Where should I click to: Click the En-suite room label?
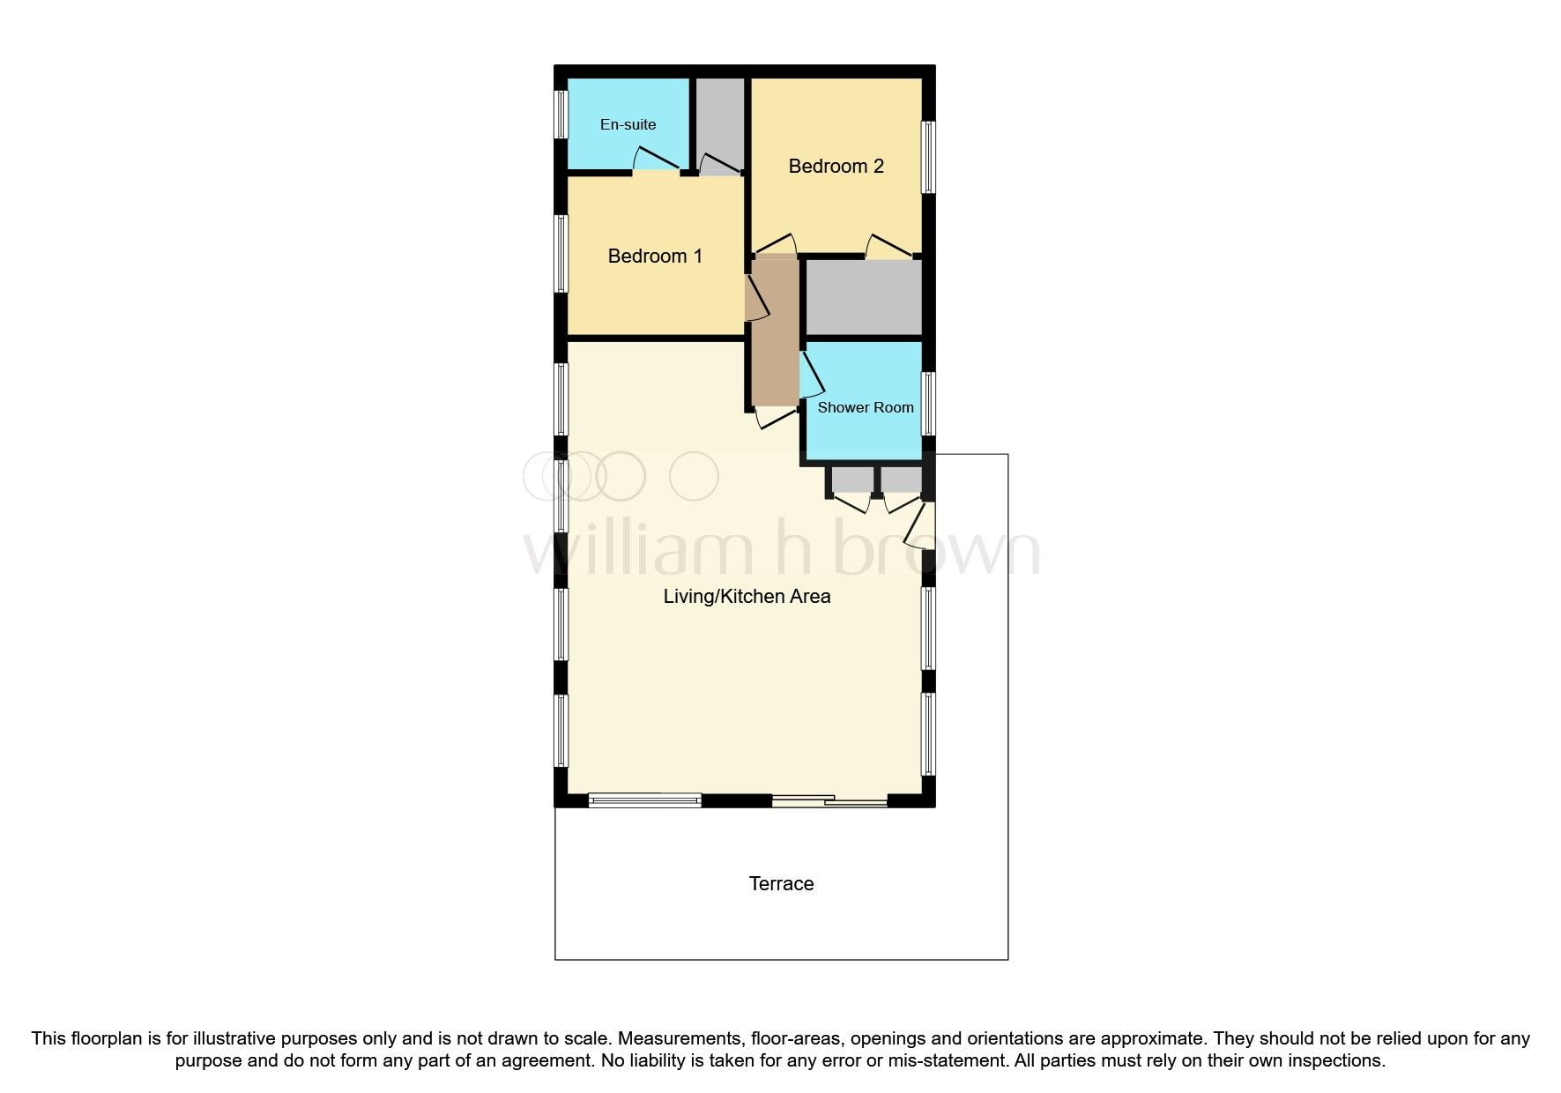point(628,124)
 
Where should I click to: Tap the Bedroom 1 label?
point(655,257)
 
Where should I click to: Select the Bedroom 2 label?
point(836,167)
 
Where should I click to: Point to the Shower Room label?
point(865,407)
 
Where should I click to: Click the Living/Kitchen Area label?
point(747,597)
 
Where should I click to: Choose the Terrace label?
point(781,884)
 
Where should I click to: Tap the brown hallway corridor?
point(775,331)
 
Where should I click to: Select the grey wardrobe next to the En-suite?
point(721,119)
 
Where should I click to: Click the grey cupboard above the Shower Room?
point(864,297)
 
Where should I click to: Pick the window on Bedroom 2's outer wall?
point(928,156)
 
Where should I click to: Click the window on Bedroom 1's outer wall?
point(561,254)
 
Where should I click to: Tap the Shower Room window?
point(928,404)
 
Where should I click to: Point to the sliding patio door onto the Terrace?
point(829,801)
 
